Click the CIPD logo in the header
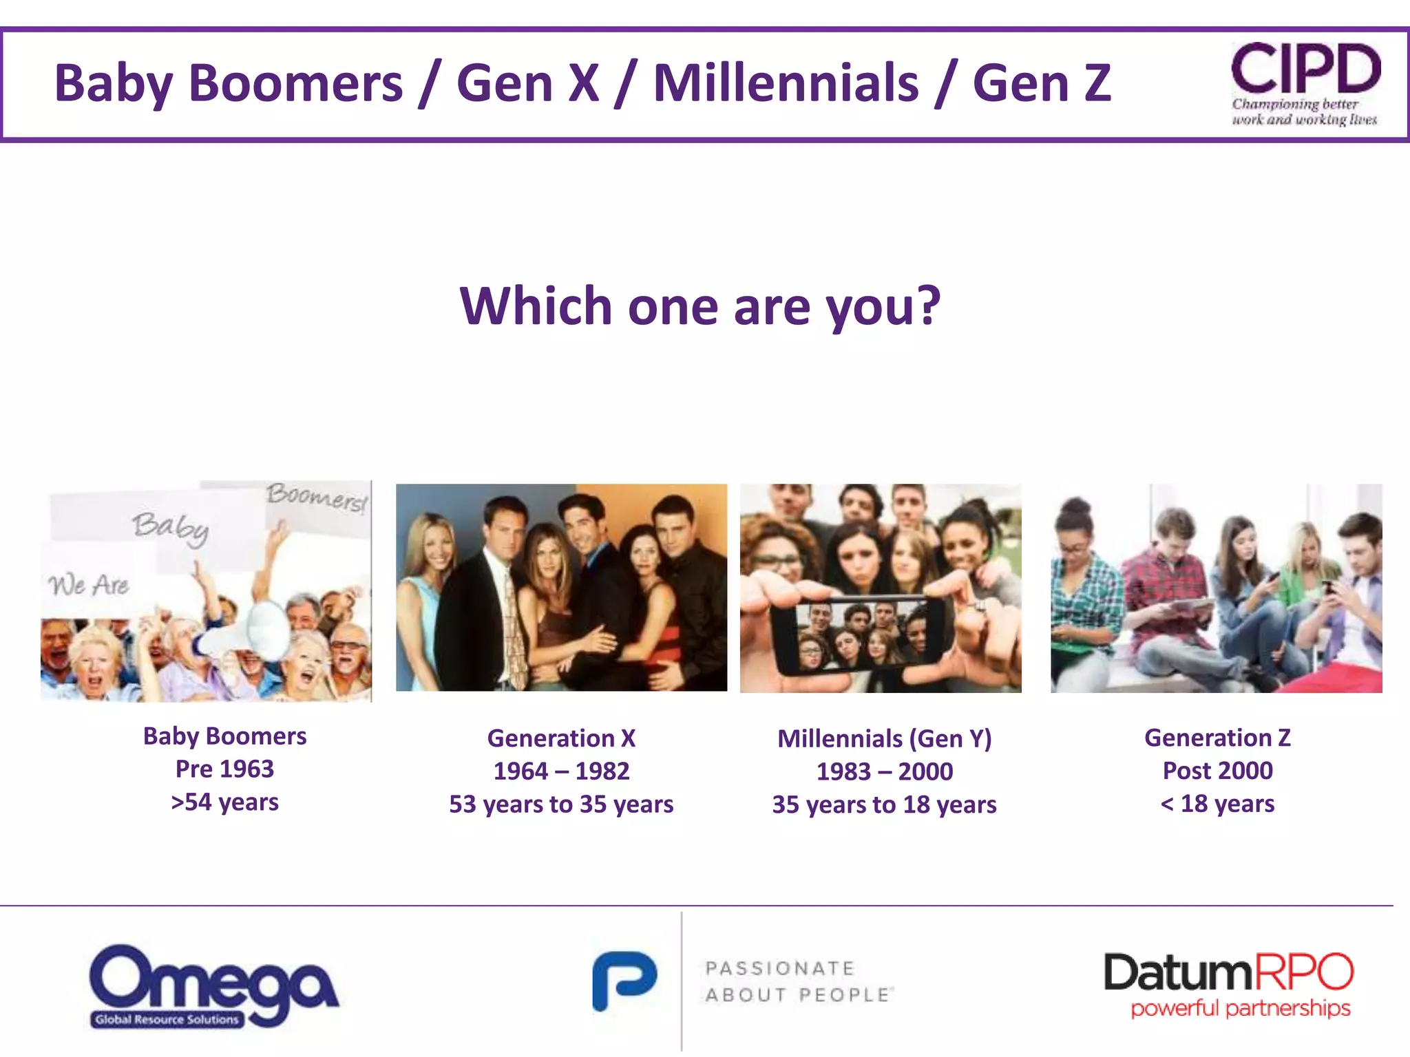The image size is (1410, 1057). point(1305,83)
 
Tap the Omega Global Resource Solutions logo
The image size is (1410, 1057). point(213,985)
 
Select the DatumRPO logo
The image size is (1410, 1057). point(1228,984)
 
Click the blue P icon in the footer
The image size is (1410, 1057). point(624,981)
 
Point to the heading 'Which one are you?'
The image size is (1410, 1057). point(699,306)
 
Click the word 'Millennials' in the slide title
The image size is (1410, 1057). point(786,83)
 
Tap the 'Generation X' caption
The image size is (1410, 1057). point(561,738)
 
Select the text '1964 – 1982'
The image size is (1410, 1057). point(561,771)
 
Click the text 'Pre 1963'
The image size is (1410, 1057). point(224,769)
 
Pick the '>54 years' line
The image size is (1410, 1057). point(224,802)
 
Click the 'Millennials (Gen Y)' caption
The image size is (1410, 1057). point(884,738)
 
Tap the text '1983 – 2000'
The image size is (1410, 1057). point(884,771)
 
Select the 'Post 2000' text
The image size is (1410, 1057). point(1217,770)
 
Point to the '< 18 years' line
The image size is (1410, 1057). point(1217,803)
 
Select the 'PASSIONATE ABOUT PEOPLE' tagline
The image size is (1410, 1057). point(798,981)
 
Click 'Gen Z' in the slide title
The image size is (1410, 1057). point(1042,83)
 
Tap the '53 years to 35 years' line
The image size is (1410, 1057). point(561,804)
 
